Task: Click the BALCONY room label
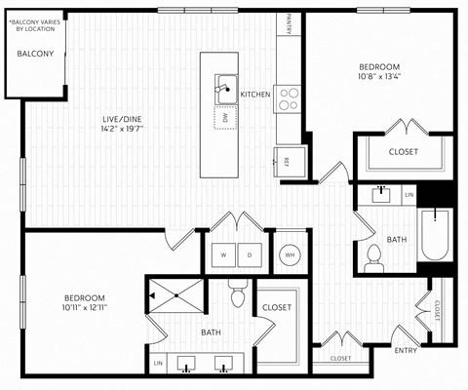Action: (x=35, y=54)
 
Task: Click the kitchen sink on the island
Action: (x=224, y=87)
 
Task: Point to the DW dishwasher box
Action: (x=224, y=117)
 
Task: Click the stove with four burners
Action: (x=288, y=98)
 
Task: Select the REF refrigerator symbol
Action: (x=289, y=161)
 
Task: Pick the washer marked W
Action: (x=225, y=255)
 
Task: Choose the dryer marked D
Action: (x=250, y=255)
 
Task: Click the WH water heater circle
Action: (x=289, y=255)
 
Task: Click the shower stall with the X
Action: (x=176, y=294)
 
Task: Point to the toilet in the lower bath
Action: (x=236, y=294)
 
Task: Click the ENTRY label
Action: (x=407, y=350)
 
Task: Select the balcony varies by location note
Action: (x=35, y=24)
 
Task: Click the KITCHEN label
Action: (x=255, y=95)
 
